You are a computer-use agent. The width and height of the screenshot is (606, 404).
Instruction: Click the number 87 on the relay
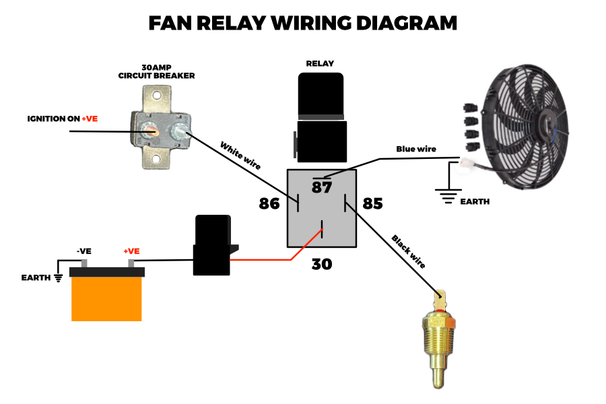pyautogui.click(x=322, y=188)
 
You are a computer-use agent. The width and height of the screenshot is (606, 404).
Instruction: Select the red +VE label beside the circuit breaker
pyautogui.click(x=90, y=119)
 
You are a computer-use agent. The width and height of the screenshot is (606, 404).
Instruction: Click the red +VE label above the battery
pyautogui.click(x=131, y=251)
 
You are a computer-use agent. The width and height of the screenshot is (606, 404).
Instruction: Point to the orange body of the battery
pyautogui.click(x=106, y=300)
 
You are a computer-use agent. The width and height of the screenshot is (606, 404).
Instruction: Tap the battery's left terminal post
pyautogui.click(x=84, y=263)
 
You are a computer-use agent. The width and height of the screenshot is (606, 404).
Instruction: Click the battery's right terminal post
pyautogui.click(x=131, y=263)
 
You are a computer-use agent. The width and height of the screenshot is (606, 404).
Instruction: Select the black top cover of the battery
pyautogui.click(x=106, y=272)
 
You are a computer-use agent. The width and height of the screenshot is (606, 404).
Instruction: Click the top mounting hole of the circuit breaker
pyautogui.click(x=157, y=94)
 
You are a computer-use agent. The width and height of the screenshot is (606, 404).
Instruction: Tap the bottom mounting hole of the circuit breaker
pyautogui.click(x=156, y=160)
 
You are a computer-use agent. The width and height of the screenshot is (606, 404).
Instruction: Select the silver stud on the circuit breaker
pyautogui.click(x=179, y=132)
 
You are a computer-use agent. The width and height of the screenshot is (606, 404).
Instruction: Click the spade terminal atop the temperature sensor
pyautogui.click(x=440, y=298)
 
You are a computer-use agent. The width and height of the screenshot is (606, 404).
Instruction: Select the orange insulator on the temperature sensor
pyautogui.click(x=450, y=323)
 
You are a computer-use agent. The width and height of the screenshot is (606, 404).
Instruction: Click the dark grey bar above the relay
pyautogui.click(x=321, y=117)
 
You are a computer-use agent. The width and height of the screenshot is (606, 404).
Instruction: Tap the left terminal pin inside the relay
pyautogui.click(x=294, y=201)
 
